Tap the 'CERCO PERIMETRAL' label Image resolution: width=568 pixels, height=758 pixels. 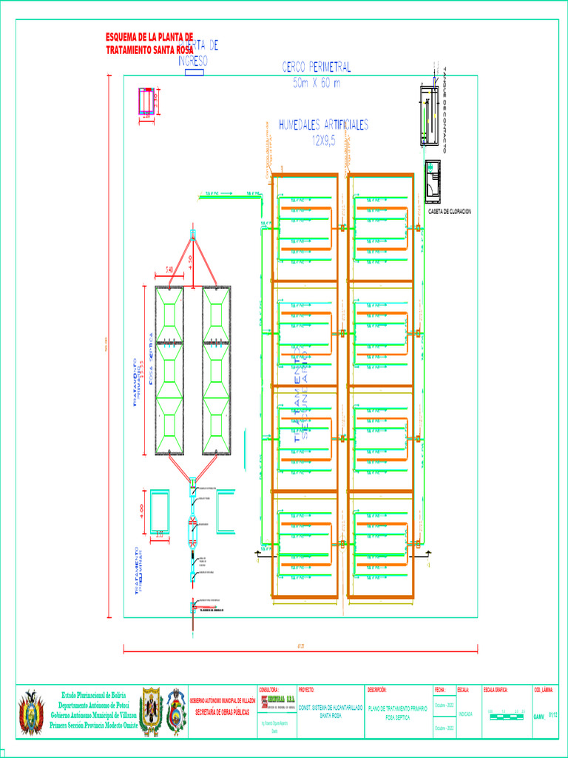(x=317, y=67)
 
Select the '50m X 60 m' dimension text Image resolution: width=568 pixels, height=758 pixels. (x=317, y=83)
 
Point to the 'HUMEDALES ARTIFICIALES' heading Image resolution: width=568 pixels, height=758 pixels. (x=323, y=125)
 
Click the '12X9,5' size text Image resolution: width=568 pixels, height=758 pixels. (x=323, y=141)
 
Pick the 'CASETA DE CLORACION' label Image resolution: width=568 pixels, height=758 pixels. (x=450, y=212)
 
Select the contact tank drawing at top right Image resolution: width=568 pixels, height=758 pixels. (x=429, y=115)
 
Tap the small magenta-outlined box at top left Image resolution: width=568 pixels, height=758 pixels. (x=146, y=101)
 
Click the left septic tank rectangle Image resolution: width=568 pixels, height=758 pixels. (x=169, y=370)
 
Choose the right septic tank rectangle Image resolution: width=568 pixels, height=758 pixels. (x=217, y=370)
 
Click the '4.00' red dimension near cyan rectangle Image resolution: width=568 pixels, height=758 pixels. (x=141, y=509)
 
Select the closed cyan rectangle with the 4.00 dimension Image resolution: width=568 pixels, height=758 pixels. (x=160, y=510)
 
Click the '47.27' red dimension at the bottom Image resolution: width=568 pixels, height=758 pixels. (x=300, y=646)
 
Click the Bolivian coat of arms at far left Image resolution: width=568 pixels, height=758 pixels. (x=31, y=712)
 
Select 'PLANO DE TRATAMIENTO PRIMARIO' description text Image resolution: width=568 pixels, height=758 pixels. (x=398, y=708)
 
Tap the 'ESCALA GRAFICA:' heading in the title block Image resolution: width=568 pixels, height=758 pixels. (x=500, y=690)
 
